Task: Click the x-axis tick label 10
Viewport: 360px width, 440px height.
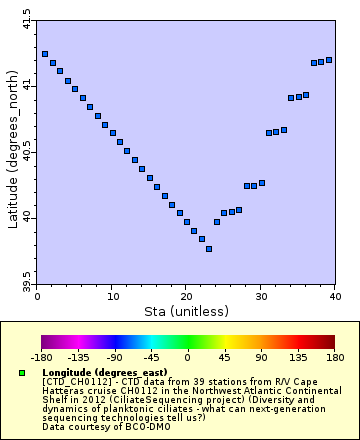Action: pyautogui.click(x=111, y=295)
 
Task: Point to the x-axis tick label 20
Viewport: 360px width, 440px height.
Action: pyautogui.click(x=186, y=295)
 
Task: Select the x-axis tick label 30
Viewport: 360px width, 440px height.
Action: pyautogui.click(x=261, y=295)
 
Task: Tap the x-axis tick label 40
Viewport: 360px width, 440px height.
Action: pyautogui.click(x=335, y=295)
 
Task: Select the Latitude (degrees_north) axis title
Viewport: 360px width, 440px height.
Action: pyautogui.click(x=12, y=150)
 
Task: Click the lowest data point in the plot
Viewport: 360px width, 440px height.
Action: pyautogui.click(x=209, y=249)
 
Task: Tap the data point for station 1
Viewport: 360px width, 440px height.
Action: pyautogui.click(x=45, y=54)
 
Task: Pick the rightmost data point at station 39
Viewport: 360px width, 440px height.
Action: pyautogui.click(x=329, y=60)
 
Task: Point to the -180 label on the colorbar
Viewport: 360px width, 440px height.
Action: pyautogui.click(x=41, y=358)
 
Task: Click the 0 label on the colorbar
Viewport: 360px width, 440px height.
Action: pyautogui.click(x=187, y=358)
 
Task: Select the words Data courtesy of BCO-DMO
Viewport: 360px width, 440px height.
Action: pyautogui.click(x=99, y=427)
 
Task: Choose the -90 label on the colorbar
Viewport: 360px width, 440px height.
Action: pyautogui.click(x=114, y=358)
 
